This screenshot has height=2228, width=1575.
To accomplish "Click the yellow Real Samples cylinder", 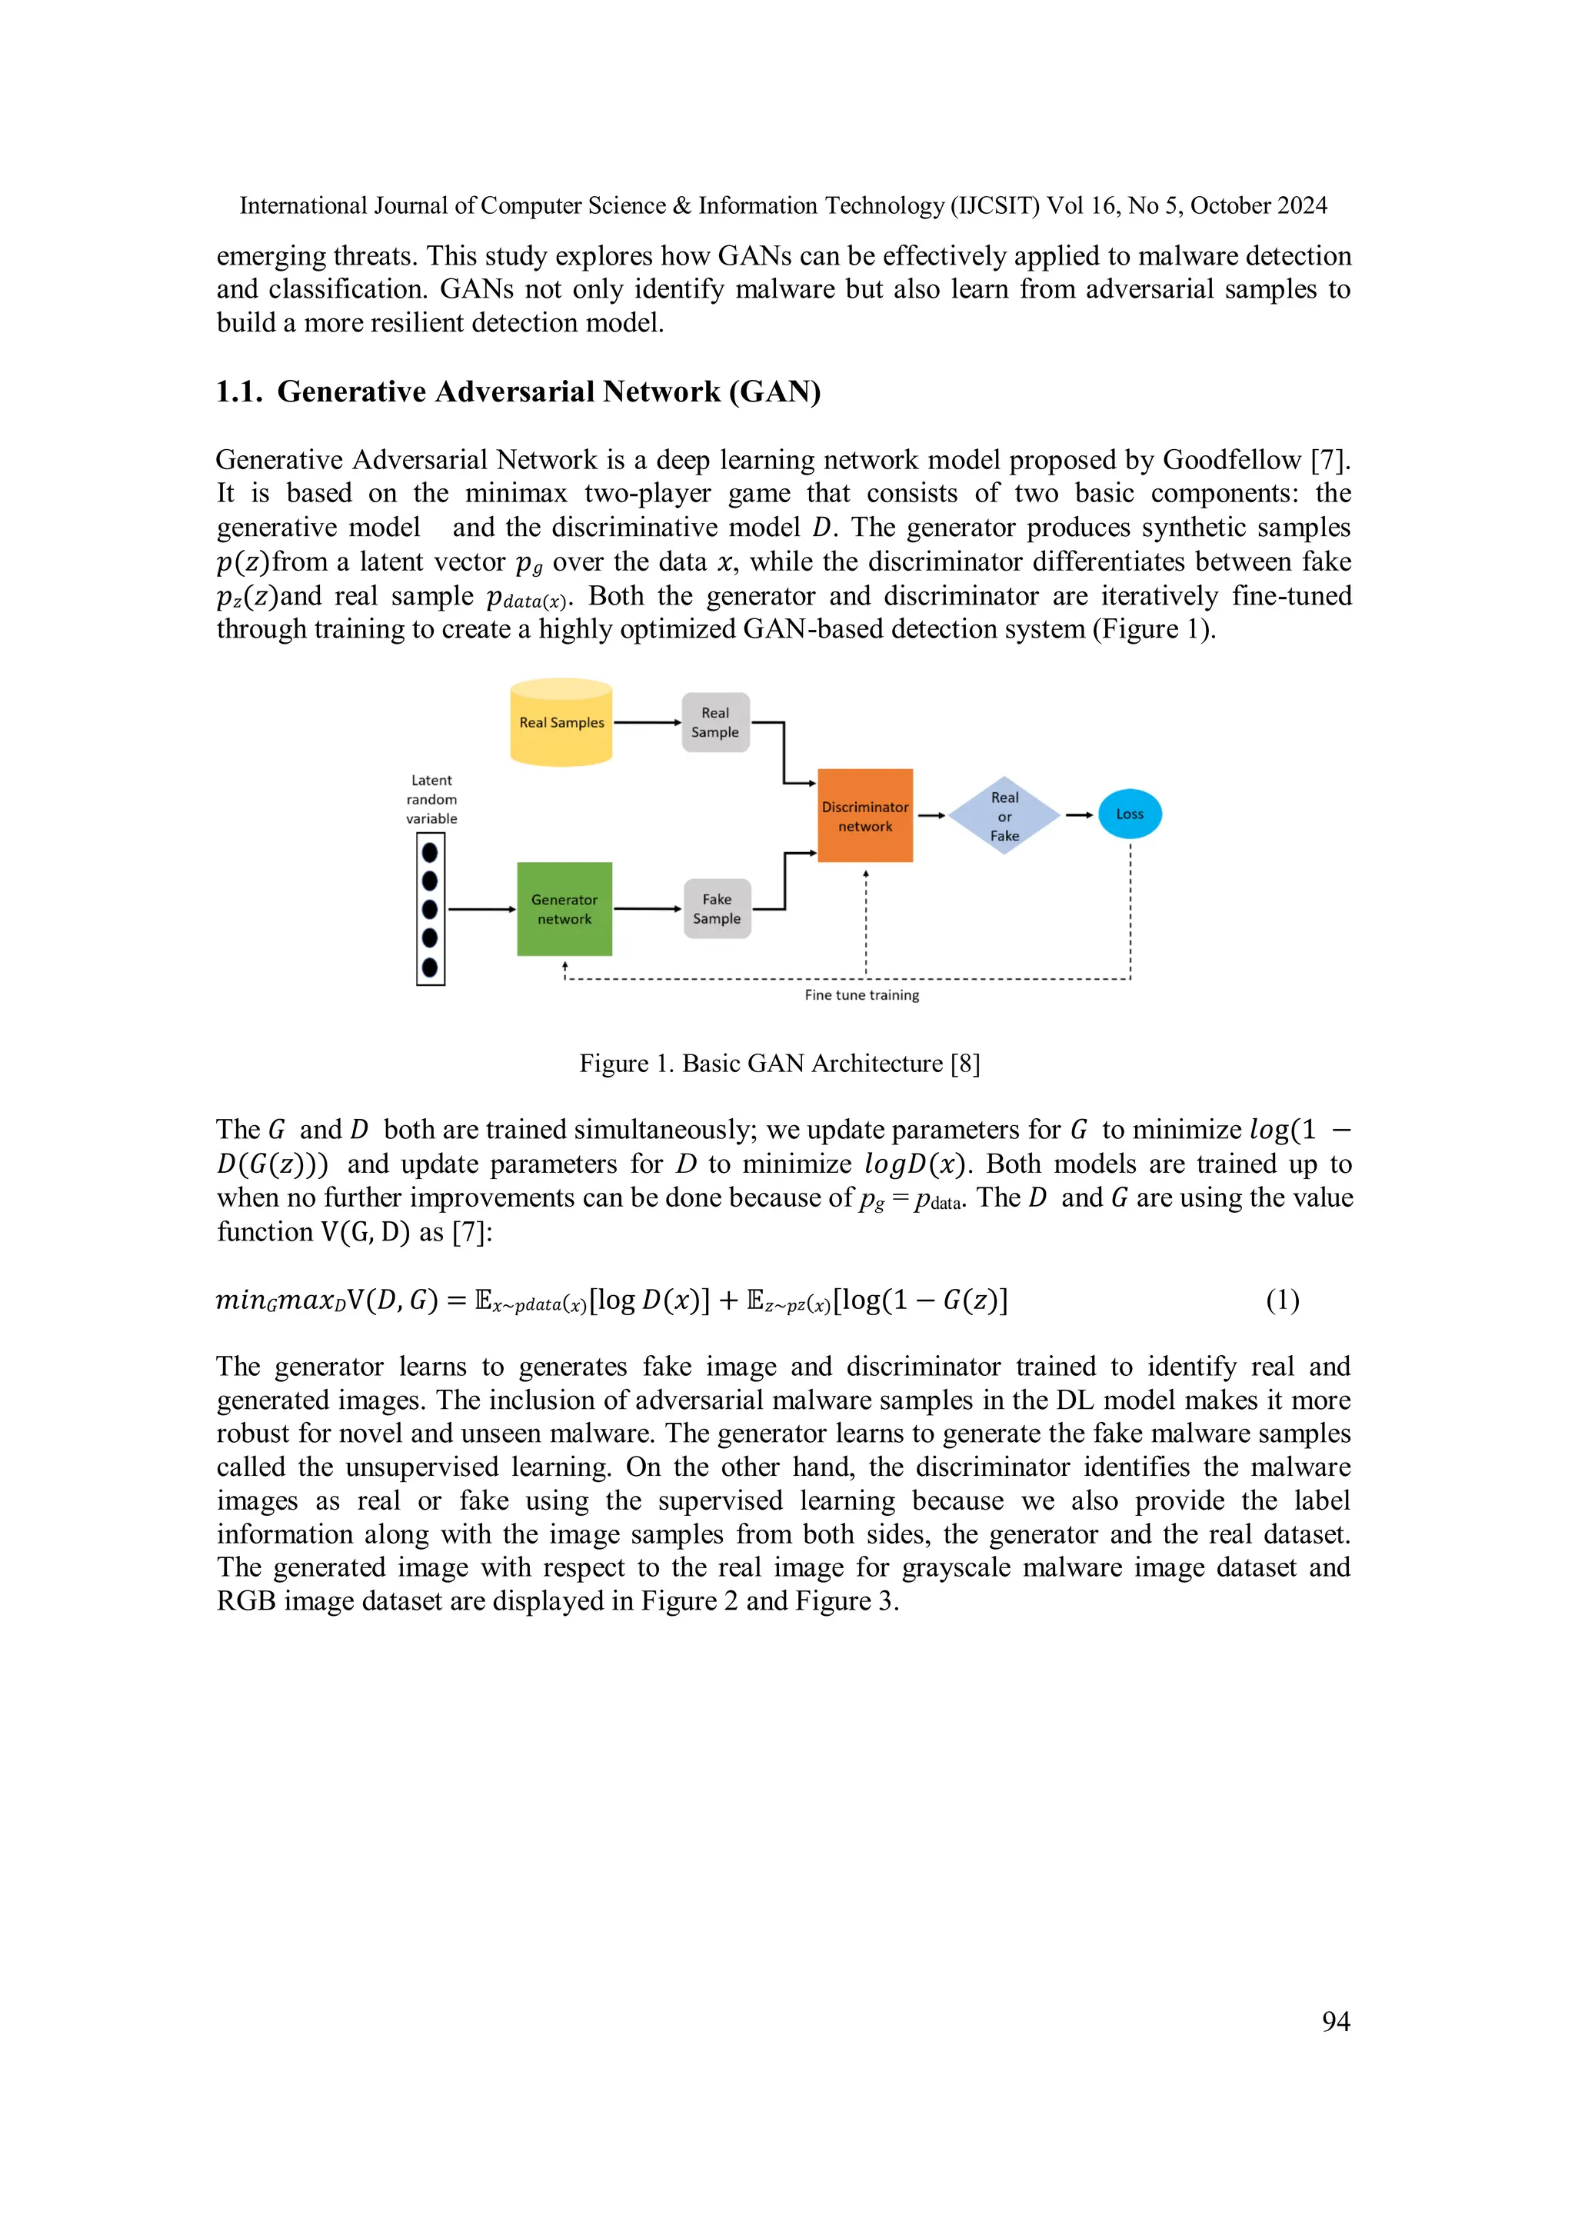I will click(561, 722).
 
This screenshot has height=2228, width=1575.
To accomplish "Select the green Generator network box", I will click(564, 909).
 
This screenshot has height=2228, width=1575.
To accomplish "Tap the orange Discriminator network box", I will click(864, 816).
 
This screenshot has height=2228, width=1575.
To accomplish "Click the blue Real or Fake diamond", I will click(1004, 816).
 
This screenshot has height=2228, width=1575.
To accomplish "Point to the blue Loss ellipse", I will click(1130, 814).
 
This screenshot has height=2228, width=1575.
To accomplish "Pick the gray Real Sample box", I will click(715, 723).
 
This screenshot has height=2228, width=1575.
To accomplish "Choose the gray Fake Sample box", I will click(718, 909).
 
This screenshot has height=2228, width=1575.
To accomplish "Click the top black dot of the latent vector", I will click(430, 852).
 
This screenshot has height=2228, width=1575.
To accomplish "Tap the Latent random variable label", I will click(432, 800).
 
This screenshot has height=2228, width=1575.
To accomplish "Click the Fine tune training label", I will click(862, 996).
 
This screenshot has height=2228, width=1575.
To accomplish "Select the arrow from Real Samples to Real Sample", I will click(646, 723).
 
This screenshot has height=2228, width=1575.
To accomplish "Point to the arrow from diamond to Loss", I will click(1079, 815).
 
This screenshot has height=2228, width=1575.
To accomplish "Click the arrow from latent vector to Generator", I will click(481, 909).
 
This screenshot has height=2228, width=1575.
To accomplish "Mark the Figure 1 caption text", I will click(779, 1064).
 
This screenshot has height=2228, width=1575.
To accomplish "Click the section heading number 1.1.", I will click(238, 392).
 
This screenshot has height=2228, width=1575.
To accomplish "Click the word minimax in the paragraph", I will click(515, 494).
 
